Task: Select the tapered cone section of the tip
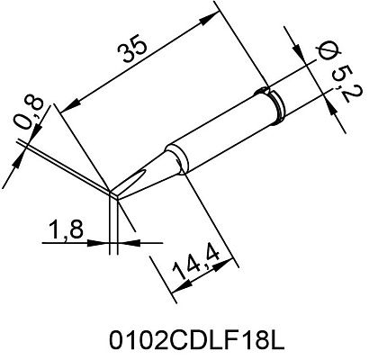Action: coord(148,166)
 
